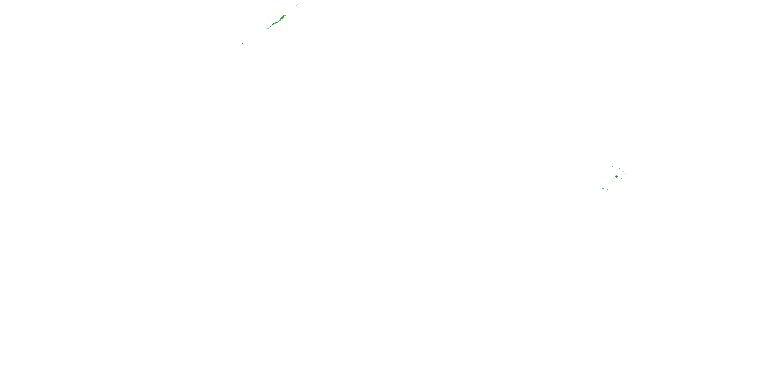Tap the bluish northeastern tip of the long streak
(x=285, y=15)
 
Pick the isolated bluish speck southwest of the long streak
(x=242, y=44)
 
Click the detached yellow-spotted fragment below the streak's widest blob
(x=281, y=20)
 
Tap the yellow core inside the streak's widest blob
(x=282, y=18)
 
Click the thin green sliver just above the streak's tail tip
(x=270, y=27)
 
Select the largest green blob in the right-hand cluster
(x=617, y=177)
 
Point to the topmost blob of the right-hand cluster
(x=613, y=167)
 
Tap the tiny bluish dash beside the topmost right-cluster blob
(x=620, y=169)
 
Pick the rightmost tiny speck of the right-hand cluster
(x=626, y=174)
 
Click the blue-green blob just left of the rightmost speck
(x=623, y=171)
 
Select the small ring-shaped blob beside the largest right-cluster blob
(x=621, y=179)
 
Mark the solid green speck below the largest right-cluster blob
(x=613, y=181)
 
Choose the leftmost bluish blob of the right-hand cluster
(x=603, y=189)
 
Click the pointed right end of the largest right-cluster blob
(x=619, y=177)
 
